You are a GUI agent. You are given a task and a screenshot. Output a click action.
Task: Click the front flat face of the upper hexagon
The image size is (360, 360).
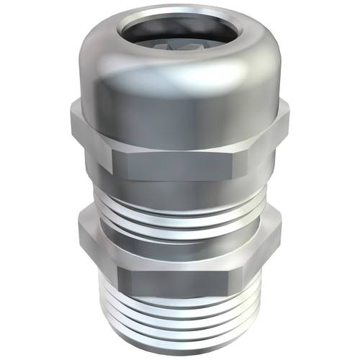point(180,144)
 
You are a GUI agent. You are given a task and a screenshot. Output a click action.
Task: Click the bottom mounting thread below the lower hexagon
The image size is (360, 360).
point(180,317)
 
